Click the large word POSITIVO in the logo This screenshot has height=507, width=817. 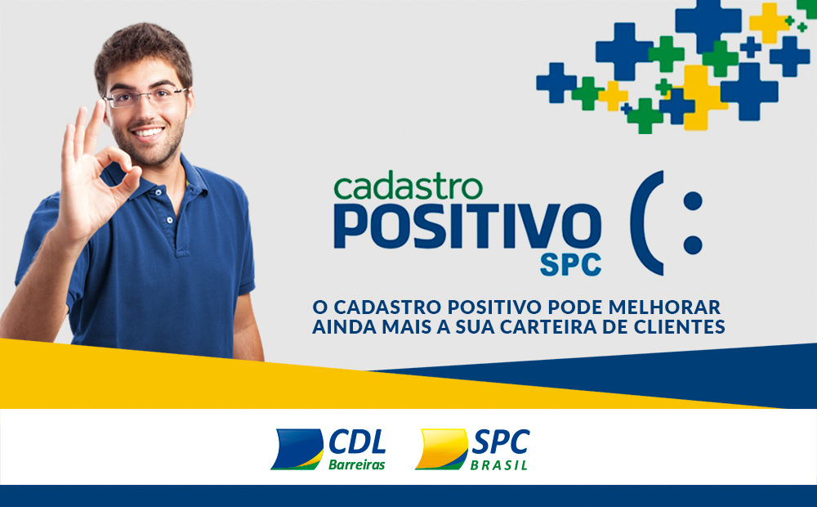coord(467,227)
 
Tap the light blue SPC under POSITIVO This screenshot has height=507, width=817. coord(569,264)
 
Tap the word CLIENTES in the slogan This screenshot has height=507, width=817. coord(682,328)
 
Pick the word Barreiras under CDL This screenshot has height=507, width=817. coord(356,464)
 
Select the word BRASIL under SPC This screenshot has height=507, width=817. coord(498,465)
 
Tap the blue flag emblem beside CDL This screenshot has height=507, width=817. coord(297,449)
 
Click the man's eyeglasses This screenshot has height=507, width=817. coord(147,97)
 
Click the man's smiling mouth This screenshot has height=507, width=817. coord(150,131)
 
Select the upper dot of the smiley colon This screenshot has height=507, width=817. coord(692,202)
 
